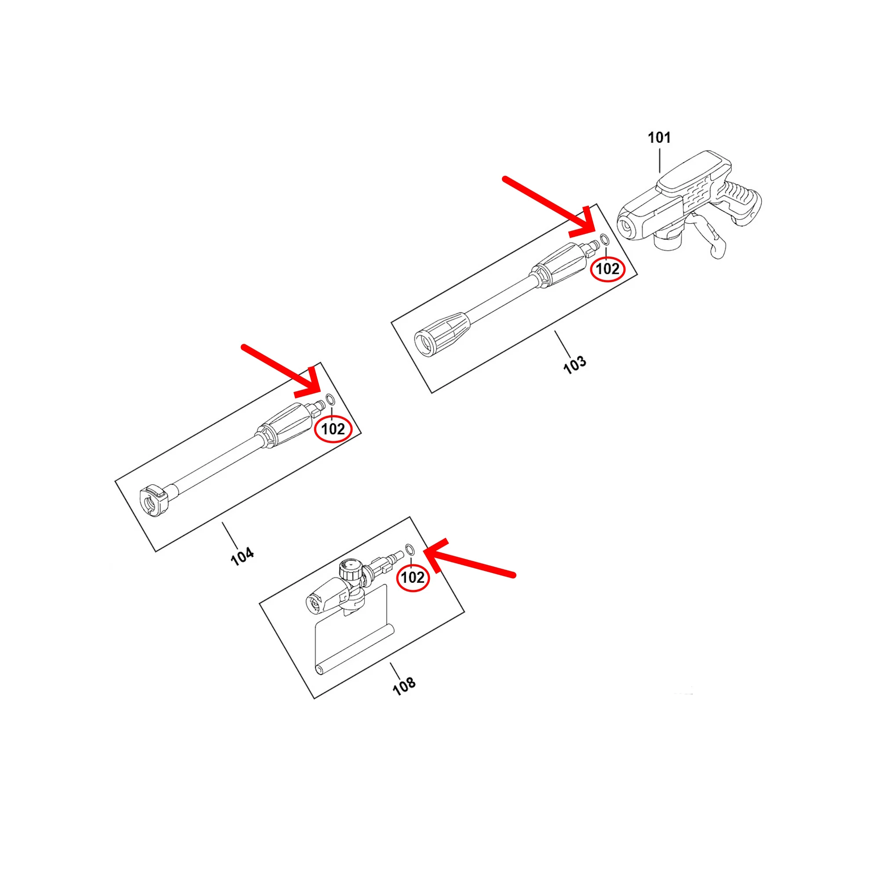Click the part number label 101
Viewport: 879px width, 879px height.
(659, 138)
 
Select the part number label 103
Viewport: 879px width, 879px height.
(575, 365)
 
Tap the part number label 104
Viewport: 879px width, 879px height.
(243, 556)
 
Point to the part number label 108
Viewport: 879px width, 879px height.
(404, 686)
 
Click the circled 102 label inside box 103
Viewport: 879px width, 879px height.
(607, 269)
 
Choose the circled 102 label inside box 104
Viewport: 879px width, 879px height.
(334, 429)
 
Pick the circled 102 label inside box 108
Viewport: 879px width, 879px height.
(413, 578)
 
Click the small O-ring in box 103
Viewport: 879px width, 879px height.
(605, 240)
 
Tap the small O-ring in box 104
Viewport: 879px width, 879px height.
(331, 400)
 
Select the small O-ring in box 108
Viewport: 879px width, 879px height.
(410, 548)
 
